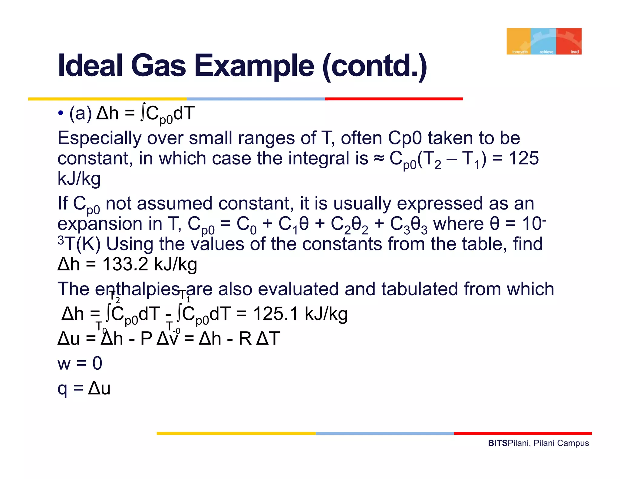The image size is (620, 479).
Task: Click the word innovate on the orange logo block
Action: (520, 52)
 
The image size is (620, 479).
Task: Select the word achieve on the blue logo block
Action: (546, 52)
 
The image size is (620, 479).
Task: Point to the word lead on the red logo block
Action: (574, 52)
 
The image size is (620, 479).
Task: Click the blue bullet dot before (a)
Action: (61, 113)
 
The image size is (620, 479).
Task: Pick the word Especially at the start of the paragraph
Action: (99, 138)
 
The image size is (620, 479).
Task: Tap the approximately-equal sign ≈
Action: (379, 158)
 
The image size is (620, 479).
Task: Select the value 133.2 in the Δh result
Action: (125, 264)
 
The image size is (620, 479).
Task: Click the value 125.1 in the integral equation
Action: (276, 314)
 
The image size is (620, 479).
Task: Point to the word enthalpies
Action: (138, 289)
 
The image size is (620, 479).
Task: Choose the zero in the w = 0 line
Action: (97, 363)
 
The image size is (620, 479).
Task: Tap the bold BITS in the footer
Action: (498, 443)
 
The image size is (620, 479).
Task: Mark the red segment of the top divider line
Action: (394, 99)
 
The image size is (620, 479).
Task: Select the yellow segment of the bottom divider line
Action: (236, 434)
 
